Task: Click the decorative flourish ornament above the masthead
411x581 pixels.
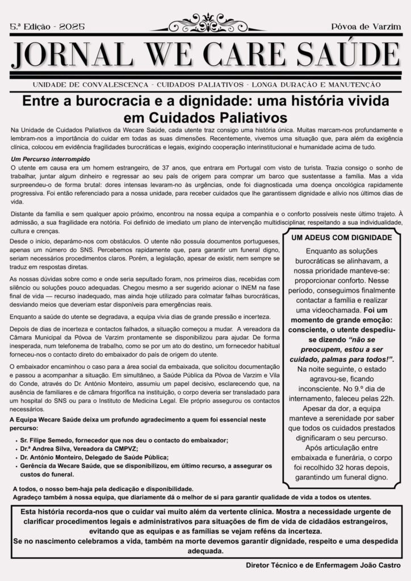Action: point(205,24)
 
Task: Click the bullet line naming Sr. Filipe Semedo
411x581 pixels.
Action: point(124,440)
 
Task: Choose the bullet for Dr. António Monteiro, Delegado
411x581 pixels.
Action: point(94,457)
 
